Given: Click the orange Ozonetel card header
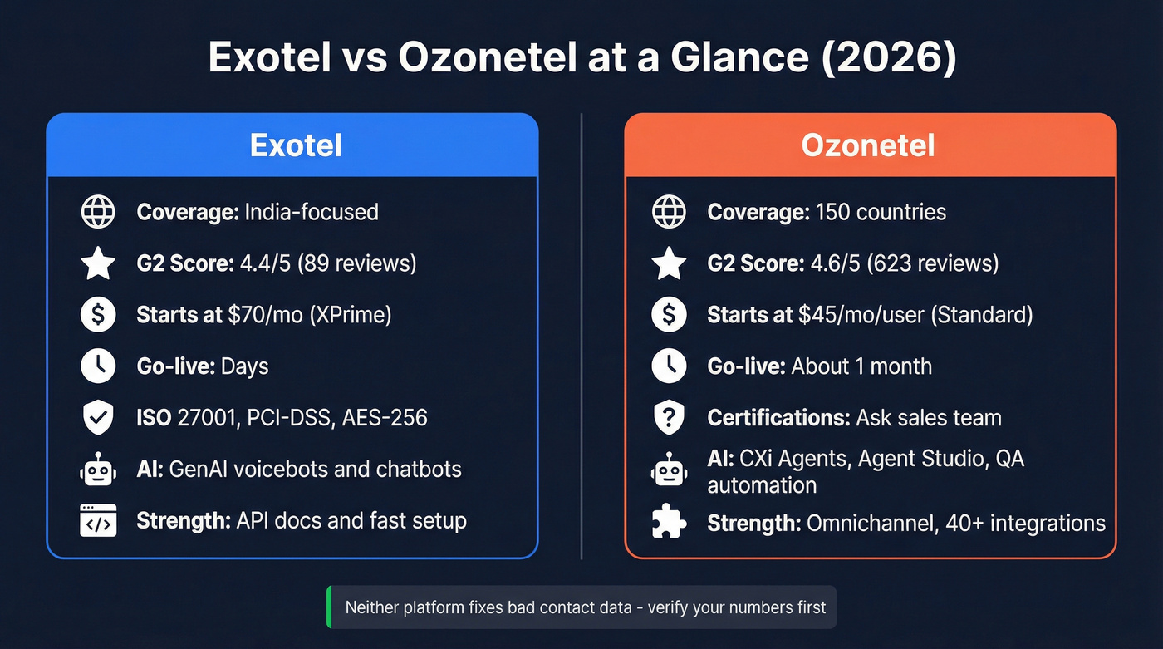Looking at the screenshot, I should tap(869, 145).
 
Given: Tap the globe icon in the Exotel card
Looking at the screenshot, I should tap(98, 212).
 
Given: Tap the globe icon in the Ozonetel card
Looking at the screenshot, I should tap(669, 212).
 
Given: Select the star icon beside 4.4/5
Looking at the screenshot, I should tap(98, 263).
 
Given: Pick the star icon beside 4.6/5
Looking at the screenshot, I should tap(669, 263).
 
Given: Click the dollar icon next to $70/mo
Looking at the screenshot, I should tap(98, 315).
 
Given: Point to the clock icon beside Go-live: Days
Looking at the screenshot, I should tap(98, 366).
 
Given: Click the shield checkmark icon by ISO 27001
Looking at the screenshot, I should tap(98, 417).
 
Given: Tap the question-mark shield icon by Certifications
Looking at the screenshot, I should tap(669, 417).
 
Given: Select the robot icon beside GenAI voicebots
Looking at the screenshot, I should tap(98, 470).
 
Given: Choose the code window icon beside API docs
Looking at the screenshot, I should tap(98, 521).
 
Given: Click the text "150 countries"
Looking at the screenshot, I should tap(881, 212).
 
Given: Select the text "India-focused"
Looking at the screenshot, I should tap(312, 212).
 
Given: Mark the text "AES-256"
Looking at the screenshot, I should tap(386, 417).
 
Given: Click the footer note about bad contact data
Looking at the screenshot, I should tap(585, 607).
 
